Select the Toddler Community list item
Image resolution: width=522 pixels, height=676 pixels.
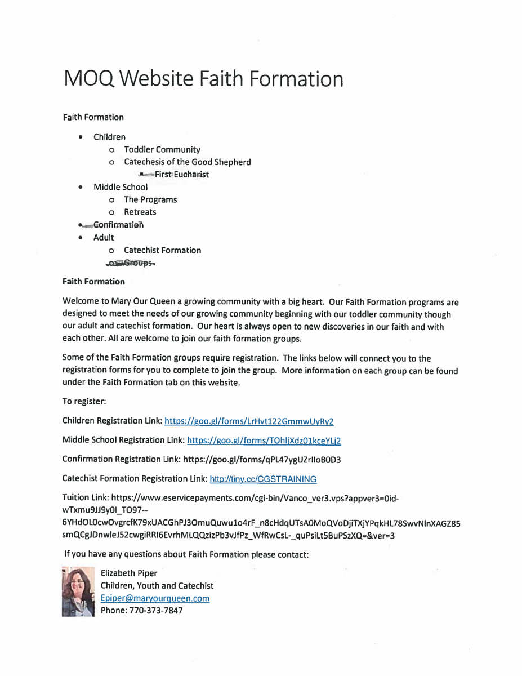(x=162, y=150)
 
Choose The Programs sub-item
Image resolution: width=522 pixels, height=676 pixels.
(x=150, y=199)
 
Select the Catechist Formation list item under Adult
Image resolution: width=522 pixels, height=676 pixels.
(x=162, y=250)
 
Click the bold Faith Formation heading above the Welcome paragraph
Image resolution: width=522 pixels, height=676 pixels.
(x=93, y=280)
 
